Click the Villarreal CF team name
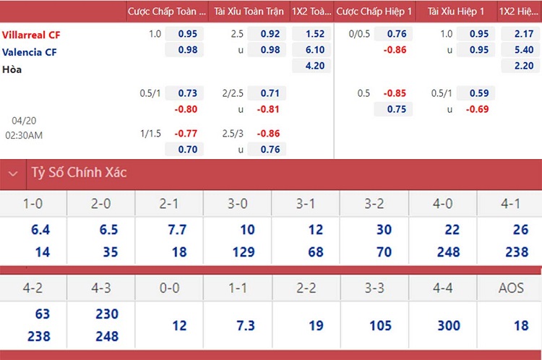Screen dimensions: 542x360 pos(31,35)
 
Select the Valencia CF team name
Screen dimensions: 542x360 pos(30,52)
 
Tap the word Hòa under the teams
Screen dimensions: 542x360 pos(12,69)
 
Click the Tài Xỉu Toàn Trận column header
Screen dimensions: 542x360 pos(249,12)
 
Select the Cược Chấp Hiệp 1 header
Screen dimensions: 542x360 pos(374,12)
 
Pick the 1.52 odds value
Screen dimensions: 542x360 pos(315,34)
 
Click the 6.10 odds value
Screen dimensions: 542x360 pos(315,50)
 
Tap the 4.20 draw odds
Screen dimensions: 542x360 pos(315,66)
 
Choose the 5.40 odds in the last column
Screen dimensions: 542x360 pos(524,50)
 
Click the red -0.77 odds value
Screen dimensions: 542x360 pos(186,134)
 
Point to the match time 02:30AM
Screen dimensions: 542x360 pos(24,135)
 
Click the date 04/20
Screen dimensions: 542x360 pos(24,121)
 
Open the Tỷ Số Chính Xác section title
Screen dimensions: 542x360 pos(79,172)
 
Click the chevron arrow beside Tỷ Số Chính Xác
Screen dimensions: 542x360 pos(13,173)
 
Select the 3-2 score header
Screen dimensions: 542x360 pos(374,204)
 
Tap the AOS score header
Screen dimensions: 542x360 pos(511,288)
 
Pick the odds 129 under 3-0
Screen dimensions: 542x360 pos(244,252)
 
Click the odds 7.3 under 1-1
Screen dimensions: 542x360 pos(246,326)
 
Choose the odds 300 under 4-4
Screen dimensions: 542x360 pos(449,326)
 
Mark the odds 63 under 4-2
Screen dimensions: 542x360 pos(43,314)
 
